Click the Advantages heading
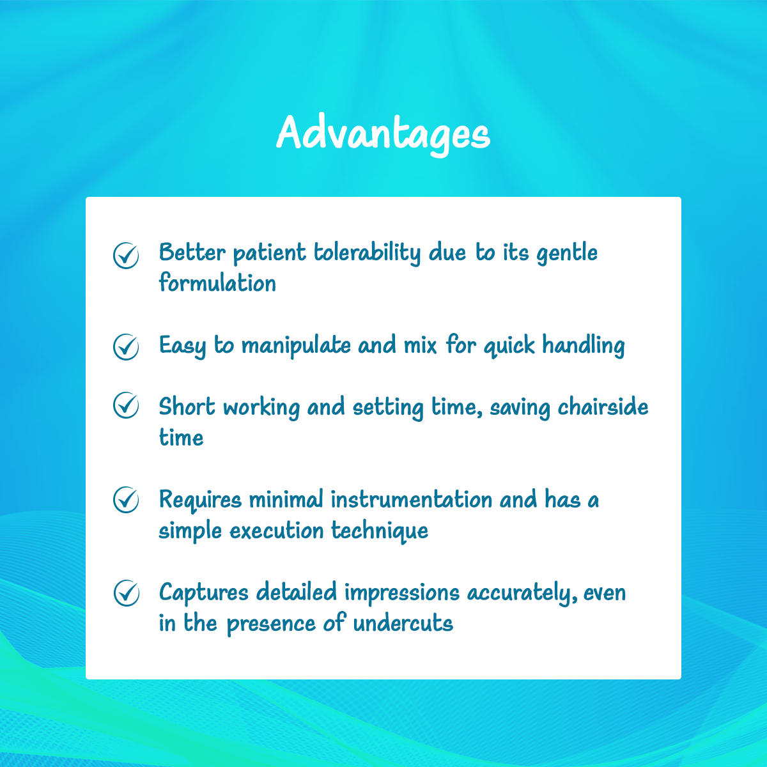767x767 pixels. (383, 134)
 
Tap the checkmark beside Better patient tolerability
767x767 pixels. (126, 255)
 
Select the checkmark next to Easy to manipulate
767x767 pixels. (126, 347)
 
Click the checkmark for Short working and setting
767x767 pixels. (126, 405)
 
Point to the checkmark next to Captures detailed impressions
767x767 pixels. (126, 593)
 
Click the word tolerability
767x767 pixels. (367, 253)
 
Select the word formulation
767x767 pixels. (217, 283)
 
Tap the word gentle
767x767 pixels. (567, 254)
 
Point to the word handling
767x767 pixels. (583, 346)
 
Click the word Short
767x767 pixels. (187, 407)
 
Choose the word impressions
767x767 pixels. (401, 593)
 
